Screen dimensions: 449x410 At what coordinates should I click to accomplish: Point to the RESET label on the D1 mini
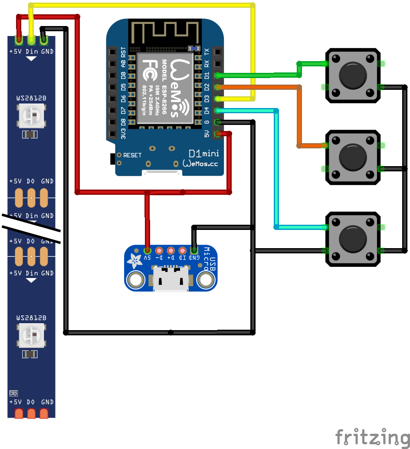click(x=132, y=155)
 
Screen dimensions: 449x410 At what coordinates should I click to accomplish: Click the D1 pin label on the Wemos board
click(x=207, y=75)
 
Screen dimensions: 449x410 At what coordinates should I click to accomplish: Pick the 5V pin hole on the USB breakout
click(x=148, y=251)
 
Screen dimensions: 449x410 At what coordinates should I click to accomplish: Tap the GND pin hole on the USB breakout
click(x=194, y=251)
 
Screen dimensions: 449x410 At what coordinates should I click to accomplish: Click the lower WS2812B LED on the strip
click(x=31, y=336)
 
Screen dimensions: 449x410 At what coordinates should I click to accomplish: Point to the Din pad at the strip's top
click(x=31, y=40)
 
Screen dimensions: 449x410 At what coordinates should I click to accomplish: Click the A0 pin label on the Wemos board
click(x=123, y=63)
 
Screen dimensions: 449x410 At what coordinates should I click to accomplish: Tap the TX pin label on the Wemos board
click(x=207, y=52)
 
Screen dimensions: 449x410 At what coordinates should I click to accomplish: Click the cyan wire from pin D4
click(x=276, y=169)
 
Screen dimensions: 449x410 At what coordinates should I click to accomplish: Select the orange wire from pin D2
click(x=299, y=117)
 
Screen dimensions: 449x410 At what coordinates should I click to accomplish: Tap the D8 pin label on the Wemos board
click(x=123, y=121)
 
